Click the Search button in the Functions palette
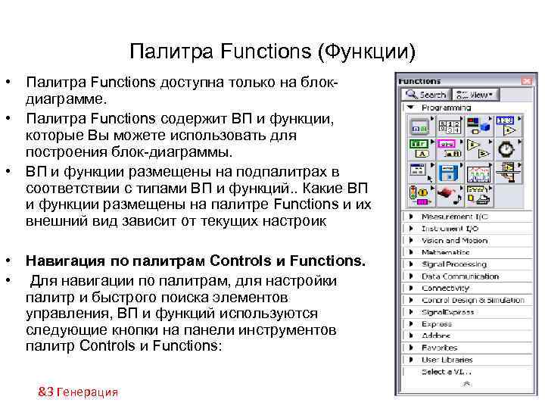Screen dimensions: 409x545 [426, 95]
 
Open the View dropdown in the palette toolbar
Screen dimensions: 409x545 [475, 95]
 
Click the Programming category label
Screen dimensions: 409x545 [446, 108]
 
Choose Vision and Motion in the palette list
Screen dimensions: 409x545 [454, 240]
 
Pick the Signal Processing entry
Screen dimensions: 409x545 [453, 264]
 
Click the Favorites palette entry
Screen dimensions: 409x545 [439, 348]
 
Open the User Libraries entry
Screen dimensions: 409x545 [447, 360]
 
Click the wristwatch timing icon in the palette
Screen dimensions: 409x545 [506, 148]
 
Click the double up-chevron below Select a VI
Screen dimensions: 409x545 [466, 384]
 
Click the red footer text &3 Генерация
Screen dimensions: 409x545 [78, 392]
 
